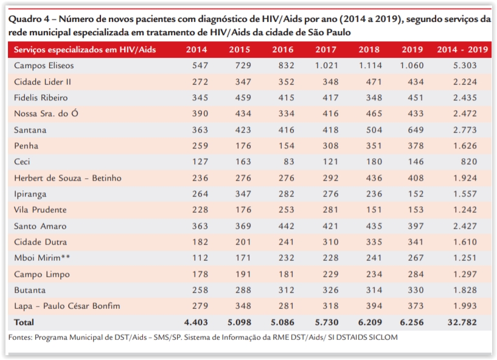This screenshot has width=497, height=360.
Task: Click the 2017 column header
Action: coord(325,50)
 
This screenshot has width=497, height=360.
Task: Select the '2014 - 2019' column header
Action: coord(462,50)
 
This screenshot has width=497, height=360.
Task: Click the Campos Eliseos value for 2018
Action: coord(370,66)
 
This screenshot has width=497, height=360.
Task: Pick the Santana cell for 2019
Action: coord(414,130)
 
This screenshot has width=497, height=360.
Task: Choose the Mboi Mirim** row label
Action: coord(41,258)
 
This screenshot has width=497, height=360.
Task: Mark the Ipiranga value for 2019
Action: coord(414,194)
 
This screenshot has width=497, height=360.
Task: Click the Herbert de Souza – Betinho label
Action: coord(68,178)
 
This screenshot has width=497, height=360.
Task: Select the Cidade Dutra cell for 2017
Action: coord(327,242)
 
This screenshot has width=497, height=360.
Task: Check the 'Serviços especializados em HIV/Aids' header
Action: coord(84,50)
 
